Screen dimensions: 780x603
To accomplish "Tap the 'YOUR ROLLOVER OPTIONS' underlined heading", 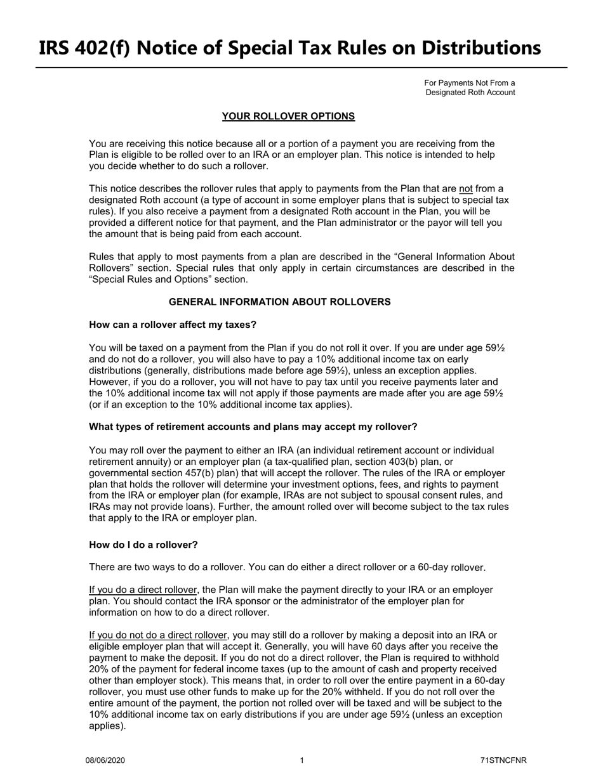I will click(288, 116).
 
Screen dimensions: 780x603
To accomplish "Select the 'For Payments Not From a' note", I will click(469, 83).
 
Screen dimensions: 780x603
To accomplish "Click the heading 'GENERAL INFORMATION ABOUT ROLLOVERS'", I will click(279, 302).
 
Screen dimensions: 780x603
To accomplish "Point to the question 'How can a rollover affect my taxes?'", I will click(173, 325).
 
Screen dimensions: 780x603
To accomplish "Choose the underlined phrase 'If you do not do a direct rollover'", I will click(158, 635).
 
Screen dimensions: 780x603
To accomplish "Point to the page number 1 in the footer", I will click(301, 760).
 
